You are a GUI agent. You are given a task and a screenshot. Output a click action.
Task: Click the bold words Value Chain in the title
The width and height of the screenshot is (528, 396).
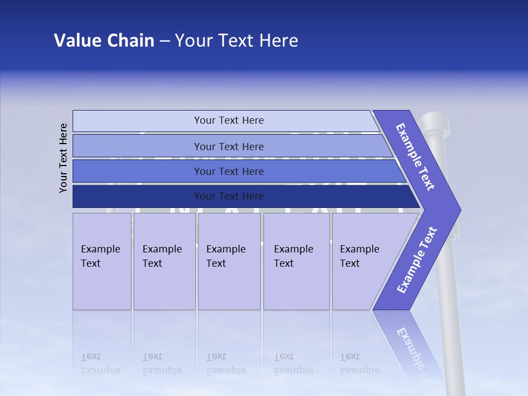point(104,41)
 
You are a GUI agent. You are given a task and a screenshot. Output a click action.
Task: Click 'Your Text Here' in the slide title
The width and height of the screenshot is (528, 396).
point(237,41)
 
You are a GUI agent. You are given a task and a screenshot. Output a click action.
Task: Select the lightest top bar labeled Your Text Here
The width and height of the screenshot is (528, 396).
point(228,120)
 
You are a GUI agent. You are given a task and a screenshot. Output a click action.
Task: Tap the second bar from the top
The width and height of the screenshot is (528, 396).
point(228,146)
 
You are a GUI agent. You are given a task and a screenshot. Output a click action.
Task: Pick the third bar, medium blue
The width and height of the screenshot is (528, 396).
point(228,171)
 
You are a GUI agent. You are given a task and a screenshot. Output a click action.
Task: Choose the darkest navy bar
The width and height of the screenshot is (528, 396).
point(228,196)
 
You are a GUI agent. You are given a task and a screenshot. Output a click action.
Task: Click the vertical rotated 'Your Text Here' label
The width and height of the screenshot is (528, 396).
point(63,158)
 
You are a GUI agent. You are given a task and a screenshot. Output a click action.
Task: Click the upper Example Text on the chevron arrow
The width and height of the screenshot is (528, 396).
point(416,157)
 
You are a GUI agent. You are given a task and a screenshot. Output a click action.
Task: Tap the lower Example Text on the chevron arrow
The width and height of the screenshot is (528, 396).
point(417,260)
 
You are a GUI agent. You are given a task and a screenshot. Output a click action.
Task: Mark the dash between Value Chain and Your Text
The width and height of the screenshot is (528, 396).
point(164,41)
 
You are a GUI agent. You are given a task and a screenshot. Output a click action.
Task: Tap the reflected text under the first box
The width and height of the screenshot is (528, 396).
point(100,363)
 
